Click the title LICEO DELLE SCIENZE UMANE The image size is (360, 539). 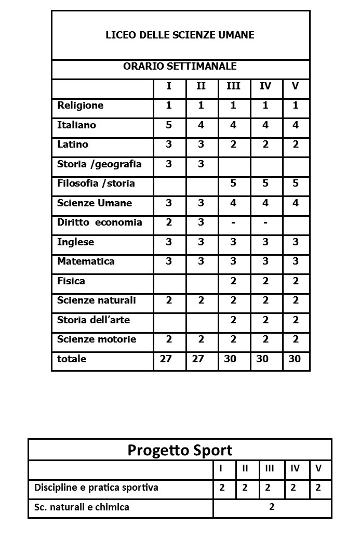click(x=180, y=35)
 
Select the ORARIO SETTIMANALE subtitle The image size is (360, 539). click(x=180, y=67)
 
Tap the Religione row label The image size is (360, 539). click(x=81, y=106)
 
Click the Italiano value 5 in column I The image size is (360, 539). click(x=169, y=125)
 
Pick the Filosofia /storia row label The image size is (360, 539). click(x=96, y=183)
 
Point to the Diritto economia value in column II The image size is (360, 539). click(x=201, y=222)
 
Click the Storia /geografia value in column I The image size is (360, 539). click(x=169, y=164)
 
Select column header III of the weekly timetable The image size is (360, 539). click(x=233, y=86)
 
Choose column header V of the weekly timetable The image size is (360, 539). click(x=296, y=86)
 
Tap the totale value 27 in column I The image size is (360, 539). click(x=166, y=359)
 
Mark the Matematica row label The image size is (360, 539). click(x=86, y=261)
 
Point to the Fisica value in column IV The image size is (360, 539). click(x=265, y=281)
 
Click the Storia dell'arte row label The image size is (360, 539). click(x=94, y=320)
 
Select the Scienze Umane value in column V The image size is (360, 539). click(x=296, y=203)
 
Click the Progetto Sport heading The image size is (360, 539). click(x=180, y=450)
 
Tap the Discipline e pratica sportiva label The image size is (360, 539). click(x=96, y=488)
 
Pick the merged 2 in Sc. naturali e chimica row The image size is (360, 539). click(x=272, y=507)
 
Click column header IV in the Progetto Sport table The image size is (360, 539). click(x=295, y=468)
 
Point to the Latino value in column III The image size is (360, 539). click(x=233, y=144)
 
